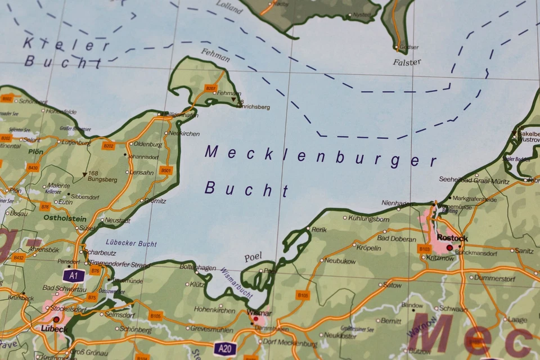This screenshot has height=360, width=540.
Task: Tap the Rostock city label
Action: coord(452,238)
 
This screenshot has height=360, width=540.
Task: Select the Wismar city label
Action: coord(259,313)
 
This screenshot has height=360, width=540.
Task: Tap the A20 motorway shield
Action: coord(224,349)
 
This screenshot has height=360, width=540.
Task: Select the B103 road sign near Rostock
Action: coord(424,248)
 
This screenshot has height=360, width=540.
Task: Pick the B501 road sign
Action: coord(165,170)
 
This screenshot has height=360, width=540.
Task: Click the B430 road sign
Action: coord(33,167)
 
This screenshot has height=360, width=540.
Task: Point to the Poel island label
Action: coord(253,257)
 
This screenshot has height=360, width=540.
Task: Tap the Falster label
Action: coord(407,62)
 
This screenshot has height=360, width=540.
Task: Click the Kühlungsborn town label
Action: coord(369,218)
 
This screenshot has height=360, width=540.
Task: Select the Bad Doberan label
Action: coord(397,238)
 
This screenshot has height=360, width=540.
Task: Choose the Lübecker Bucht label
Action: coord(130,244)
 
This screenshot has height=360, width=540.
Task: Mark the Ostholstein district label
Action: coord(65,218)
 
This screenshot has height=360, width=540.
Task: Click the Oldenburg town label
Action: coord(148,144)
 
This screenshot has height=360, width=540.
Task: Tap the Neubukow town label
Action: coord(340,260)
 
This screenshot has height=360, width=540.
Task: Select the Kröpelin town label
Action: coord(369,247)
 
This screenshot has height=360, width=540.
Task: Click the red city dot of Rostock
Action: coord(449,247)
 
